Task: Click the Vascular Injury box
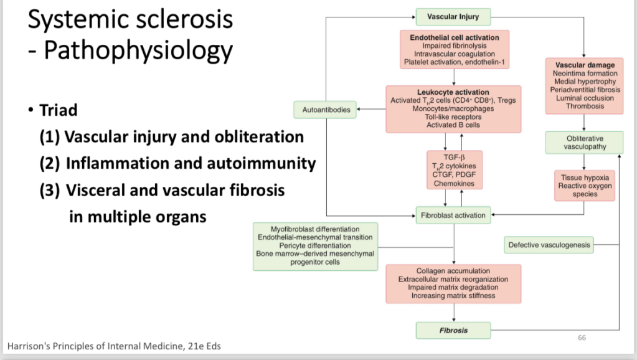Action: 453,16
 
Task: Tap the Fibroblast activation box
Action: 453,216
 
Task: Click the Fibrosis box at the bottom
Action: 453,329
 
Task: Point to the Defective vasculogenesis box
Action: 549,245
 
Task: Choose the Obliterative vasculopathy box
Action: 584,143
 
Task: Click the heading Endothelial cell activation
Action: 454,38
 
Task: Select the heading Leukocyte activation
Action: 453,93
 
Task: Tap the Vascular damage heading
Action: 584,65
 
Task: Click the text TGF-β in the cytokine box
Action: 454,158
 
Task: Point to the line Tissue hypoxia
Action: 584,178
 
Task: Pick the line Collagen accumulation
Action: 453,272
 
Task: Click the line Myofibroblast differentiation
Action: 315,229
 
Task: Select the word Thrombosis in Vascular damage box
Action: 584,106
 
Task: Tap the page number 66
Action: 582,338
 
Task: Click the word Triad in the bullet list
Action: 59,110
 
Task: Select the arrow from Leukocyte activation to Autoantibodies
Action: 371,110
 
